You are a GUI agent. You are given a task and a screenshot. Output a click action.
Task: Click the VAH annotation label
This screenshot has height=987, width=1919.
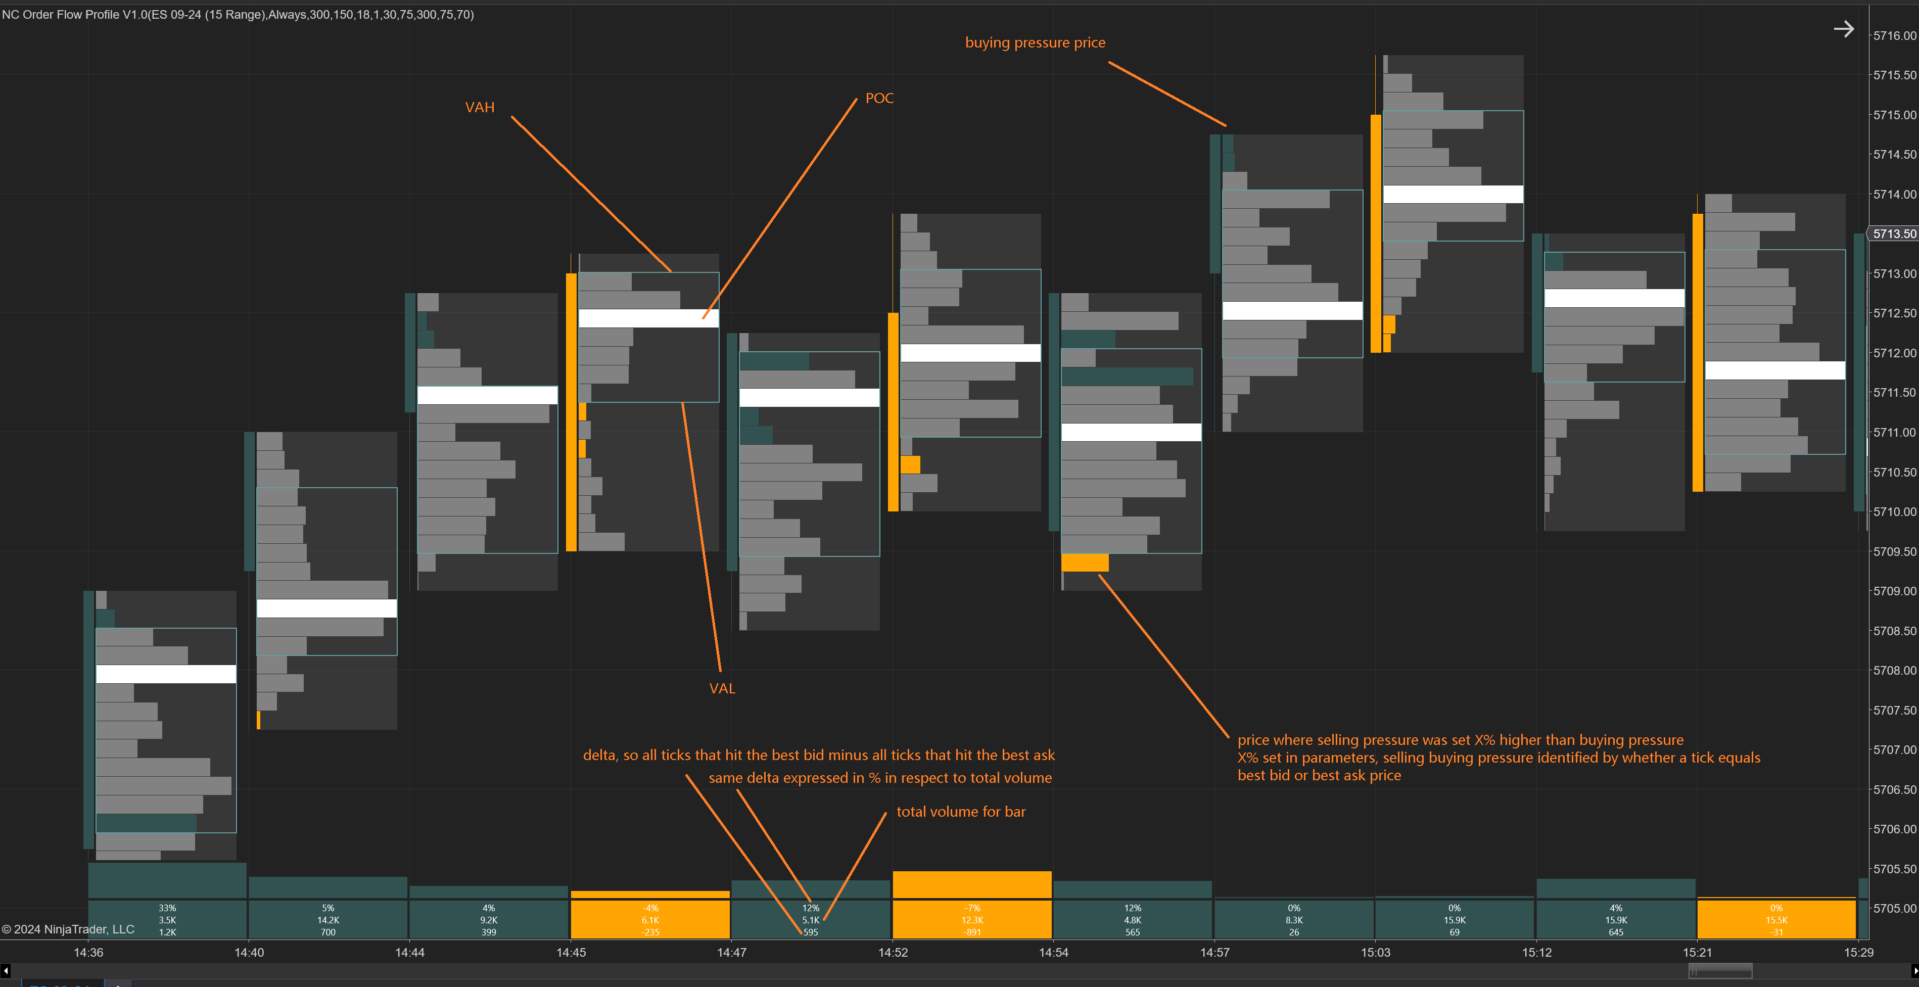[x=479, y=107]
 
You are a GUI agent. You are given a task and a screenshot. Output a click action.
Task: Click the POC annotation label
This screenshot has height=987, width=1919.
[x=879, y=99]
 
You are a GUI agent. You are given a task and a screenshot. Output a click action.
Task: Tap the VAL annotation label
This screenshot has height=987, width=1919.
[x=722, y=688]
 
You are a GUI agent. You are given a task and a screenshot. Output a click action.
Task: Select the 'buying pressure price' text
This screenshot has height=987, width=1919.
[x=1035, y=42]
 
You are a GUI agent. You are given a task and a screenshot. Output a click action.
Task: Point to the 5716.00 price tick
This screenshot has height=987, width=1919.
[x=1894, y=35]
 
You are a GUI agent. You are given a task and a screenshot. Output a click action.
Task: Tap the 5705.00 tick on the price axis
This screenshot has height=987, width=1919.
[x=1894, y=908]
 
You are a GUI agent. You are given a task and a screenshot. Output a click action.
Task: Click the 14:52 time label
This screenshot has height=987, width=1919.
[x=893, y=952]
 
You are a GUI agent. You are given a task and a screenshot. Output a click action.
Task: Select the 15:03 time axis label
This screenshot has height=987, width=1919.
[x=1375, y=952]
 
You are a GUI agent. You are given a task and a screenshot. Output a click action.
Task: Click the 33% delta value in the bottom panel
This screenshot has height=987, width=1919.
[x=167, y=908]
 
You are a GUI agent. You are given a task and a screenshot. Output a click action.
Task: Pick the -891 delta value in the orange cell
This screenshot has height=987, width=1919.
[x=972, y=932]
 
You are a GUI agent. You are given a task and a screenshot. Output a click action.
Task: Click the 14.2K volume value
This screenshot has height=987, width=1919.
[x=328, y=920]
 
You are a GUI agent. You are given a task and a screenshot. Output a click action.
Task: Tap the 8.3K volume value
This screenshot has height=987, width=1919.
[x=1294, y=920]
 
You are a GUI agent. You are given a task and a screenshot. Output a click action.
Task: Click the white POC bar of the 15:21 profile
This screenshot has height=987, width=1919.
[x=1774, y=370]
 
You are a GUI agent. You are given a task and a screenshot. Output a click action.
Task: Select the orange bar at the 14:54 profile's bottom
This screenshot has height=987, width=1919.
[x=1085, y=562]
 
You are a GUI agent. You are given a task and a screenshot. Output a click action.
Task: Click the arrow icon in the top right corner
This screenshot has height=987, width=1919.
[x=1843, y=29]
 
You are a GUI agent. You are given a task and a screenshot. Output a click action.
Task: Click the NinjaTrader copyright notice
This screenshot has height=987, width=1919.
[x=68, y=929]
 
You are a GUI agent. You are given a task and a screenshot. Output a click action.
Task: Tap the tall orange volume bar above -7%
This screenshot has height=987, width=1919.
[x=972, y=884]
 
